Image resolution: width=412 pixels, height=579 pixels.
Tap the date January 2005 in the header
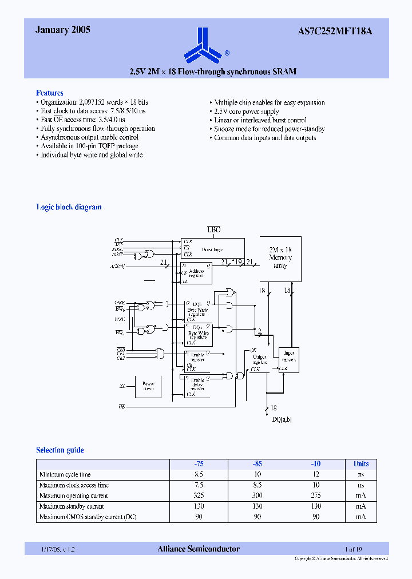[63, 30]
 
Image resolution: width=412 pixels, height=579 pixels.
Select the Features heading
[50, 93]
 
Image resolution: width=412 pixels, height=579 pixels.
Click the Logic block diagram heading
[69, 207]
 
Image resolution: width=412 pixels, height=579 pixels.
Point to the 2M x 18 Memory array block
[280, 258]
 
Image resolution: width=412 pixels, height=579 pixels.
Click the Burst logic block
[212, 249]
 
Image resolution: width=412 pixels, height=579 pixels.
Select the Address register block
[196, 273]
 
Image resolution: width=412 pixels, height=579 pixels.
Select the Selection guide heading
[60, 450]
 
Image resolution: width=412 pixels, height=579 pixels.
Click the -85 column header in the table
[257, 463]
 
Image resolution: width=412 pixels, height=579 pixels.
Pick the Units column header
[360, 463]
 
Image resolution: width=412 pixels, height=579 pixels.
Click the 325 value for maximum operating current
[199, 495]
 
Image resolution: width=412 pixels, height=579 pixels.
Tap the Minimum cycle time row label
[65, 474]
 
